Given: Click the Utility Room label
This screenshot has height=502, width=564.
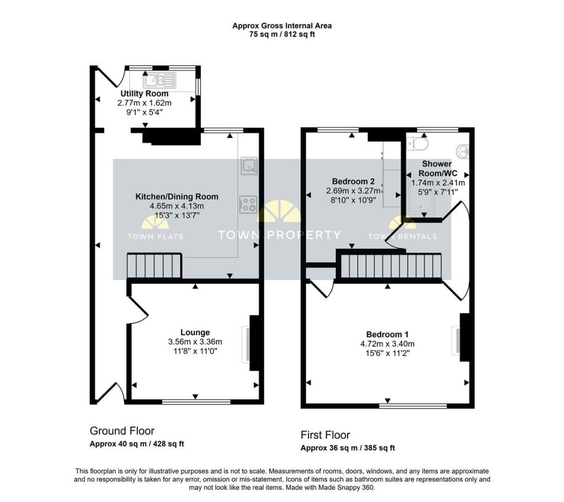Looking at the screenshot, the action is pyautogui.click(x=144, y=94).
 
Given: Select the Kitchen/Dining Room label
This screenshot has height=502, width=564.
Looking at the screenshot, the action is pyautogui.click(x=177, y=197).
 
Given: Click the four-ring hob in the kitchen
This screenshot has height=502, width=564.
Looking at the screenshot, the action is pyautogui.click(x=248, y=204).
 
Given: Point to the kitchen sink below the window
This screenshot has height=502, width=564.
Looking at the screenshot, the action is pyautogui.click(x=250, y=166).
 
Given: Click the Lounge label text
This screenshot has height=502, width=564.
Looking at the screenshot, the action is pyautogui.click(x=195, y=332).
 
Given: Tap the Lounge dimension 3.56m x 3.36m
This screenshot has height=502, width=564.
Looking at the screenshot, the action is pyautogui.click(x=195, y=342).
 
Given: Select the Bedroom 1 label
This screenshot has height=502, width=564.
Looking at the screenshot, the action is pyautogui.click(x=387, y=335).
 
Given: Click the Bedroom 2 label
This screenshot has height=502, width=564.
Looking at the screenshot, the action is pyautogui.click(x=353, y=181).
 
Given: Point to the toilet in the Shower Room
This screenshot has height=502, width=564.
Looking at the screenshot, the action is pyautogui.click(x=417, y=144).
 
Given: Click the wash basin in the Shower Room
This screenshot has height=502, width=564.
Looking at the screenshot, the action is pyautogui.click(x=463, y=151).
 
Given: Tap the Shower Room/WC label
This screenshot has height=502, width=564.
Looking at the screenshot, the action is pyautogui.click(x=437, y=168).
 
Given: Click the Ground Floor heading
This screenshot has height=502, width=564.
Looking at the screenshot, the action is pyautogui.click(x=122, y=431).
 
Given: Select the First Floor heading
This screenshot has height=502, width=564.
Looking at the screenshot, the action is pyautogui.click(x=325, y=435).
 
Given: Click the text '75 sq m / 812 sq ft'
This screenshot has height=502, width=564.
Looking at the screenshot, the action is pyautogui.click(x=282, y=35).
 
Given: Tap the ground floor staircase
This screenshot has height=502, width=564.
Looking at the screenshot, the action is pyautogui.click(x=154, y=266).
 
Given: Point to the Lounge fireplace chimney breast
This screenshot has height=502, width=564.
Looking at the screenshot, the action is pyautogui.click(x=254, y=343).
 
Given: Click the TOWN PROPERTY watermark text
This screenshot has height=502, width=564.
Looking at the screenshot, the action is pyautogui.click(x=279, y=235).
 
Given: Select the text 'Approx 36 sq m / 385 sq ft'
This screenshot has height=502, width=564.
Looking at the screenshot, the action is pyautogui.click(x=348, y=448).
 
